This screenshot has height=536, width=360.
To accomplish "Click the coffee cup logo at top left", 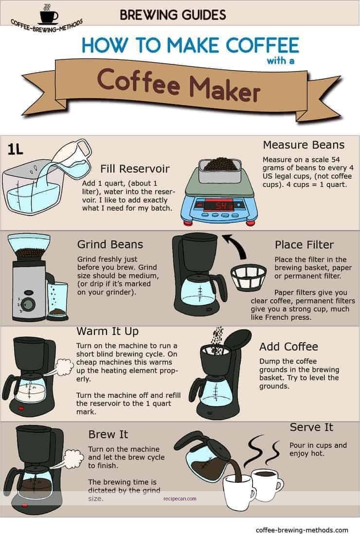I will point(48,14).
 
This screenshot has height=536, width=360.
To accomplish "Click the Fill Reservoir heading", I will point(135,169).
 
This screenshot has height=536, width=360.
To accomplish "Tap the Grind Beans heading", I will point(109,244).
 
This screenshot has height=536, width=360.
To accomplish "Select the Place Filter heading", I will point(304,244).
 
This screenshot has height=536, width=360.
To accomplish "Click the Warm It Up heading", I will point(108,332).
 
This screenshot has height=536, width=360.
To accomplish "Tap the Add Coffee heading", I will point(288,347).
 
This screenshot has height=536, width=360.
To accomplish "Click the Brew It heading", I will point(108,434).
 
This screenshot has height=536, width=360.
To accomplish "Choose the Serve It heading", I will point(311,427).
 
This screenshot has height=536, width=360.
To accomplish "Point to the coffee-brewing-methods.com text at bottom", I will point(302,530).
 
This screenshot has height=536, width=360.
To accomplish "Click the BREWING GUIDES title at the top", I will point(173,15).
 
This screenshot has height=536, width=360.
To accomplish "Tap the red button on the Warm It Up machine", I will point(21,407).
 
